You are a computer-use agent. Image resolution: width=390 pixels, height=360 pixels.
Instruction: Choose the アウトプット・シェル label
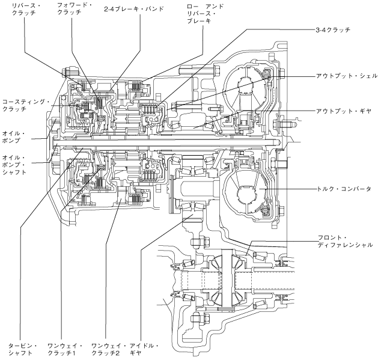tap(347, 76)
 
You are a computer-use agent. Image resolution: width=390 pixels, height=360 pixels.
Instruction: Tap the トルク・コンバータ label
tap(345, 189)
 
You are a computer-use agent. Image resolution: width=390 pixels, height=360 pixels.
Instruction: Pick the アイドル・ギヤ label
tap(145, 349)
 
